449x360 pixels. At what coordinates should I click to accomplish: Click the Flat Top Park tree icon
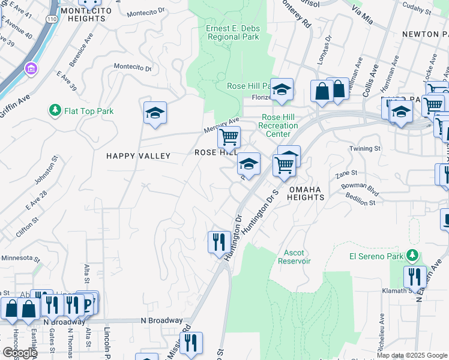pyautogui.click(x=55, y=110)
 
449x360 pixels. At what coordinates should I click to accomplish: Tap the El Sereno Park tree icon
pyautogui.click(x=412, y=255)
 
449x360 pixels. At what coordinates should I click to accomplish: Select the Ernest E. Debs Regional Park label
pyautogui.click(x=233, y=32)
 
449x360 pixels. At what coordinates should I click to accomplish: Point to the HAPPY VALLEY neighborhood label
pyautogui.click(x=139, y=156)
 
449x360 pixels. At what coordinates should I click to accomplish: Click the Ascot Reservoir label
pyautogui.click(x=294, y=256)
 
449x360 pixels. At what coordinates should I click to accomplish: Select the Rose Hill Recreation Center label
pyautogui.click(x=278, y=126)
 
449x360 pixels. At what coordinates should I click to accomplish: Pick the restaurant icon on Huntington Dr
pyautogui.click(x=218, y=241)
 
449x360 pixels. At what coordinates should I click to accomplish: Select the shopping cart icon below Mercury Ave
pyautogui.click(x=229, y=137)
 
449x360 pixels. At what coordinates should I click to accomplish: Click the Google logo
pyautogui.click(x=19, y=352)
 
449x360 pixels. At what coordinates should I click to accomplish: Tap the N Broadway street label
pyautogui.click(x=161, y=320)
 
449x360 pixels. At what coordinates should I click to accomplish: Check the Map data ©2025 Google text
pyautogui.click(x=412, y=355)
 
